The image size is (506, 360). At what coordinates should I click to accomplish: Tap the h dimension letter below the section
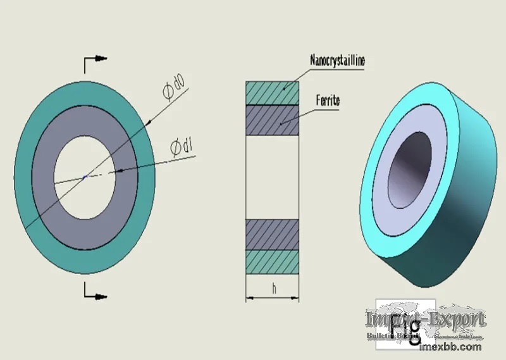(273, 289)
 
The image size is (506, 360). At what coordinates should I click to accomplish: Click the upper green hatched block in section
(272, 92)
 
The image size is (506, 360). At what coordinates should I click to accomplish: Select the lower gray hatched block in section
(272, 234)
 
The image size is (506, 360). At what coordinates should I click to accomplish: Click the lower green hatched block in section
(272, 261)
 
